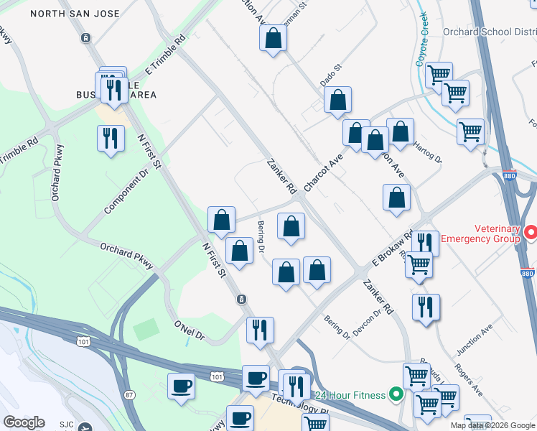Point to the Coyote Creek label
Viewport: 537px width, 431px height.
[x=421, y=40]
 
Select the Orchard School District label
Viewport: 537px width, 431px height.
[x=489, y=32]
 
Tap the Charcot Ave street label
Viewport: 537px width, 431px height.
[x=321, y=170]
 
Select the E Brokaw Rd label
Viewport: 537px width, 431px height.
[x=393, y=249]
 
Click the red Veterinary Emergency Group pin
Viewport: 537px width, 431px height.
[x=531, y=233]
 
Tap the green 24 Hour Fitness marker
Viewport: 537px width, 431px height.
[x=395, y=394]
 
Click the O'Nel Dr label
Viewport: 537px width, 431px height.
[x=190, y=330]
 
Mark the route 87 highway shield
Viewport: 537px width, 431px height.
[x=129, y=395]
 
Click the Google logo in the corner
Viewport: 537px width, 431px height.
[x=24, y=422]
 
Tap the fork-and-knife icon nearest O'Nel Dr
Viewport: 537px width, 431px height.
[x=259, y=330]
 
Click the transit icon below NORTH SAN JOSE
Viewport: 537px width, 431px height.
[x=85, y=37]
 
